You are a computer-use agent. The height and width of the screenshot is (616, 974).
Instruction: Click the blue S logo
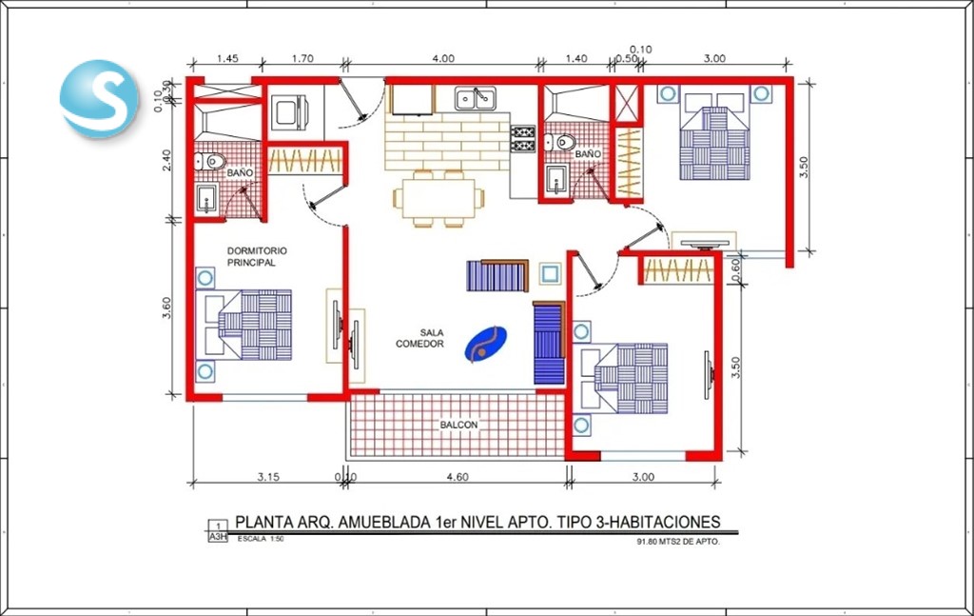99,98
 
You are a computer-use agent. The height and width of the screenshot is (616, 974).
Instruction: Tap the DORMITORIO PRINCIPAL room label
257,257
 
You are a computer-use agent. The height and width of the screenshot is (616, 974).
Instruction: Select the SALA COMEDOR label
419,338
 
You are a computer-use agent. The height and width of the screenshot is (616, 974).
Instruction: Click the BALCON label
459,425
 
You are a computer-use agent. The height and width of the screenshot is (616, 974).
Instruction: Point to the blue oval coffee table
486,345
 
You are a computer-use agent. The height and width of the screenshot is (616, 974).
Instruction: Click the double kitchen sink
476,98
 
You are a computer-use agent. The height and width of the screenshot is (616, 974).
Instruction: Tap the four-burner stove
523,139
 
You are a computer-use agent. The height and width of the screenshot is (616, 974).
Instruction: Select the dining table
438,198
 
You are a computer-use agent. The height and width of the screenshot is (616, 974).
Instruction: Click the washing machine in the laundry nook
289,112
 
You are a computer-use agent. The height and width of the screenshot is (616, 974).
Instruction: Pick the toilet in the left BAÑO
209,162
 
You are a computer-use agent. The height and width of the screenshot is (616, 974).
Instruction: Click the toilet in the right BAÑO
560,143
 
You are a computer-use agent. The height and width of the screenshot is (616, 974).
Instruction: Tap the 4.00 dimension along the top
443,58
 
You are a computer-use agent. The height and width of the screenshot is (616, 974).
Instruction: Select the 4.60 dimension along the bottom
458,477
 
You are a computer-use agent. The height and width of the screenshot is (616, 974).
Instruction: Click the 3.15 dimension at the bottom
268,477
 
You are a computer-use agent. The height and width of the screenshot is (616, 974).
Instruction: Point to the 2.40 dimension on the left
166,161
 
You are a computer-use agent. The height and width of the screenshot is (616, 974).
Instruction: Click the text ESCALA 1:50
261,539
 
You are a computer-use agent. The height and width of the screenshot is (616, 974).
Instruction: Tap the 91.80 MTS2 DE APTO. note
678,542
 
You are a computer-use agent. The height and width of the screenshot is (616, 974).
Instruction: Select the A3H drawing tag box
218,531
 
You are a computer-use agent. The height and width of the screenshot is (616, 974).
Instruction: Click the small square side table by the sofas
550,273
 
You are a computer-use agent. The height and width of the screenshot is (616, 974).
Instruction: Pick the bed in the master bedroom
243,325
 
